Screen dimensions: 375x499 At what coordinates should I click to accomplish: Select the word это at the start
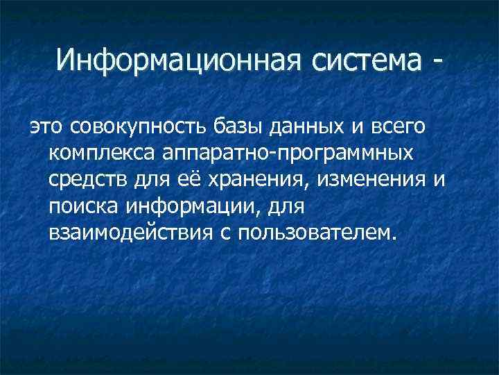45,128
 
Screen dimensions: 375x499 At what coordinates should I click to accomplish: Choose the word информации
186,205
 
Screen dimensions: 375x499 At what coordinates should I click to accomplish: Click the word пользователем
317,231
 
